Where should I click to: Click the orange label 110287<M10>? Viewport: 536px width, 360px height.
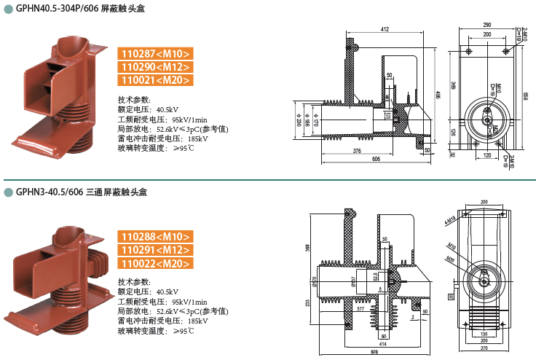(x=155, y=54)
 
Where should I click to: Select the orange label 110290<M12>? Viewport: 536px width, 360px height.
(x=155, y=67)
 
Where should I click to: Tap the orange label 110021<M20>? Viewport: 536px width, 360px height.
(x=155, y=80)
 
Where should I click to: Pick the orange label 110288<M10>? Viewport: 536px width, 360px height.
(x=155, y=237)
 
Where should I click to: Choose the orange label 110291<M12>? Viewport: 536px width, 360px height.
(x=155, y=250)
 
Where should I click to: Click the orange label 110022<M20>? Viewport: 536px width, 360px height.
(x=155, y=263)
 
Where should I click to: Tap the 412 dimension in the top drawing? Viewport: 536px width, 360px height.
(x=385, y=30)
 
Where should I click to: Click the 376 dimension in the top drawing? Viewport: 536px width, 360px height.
(x=356, y=150)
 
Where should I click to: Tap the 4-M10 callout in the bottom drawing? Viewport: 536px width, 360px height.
(x=451, y=220)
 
